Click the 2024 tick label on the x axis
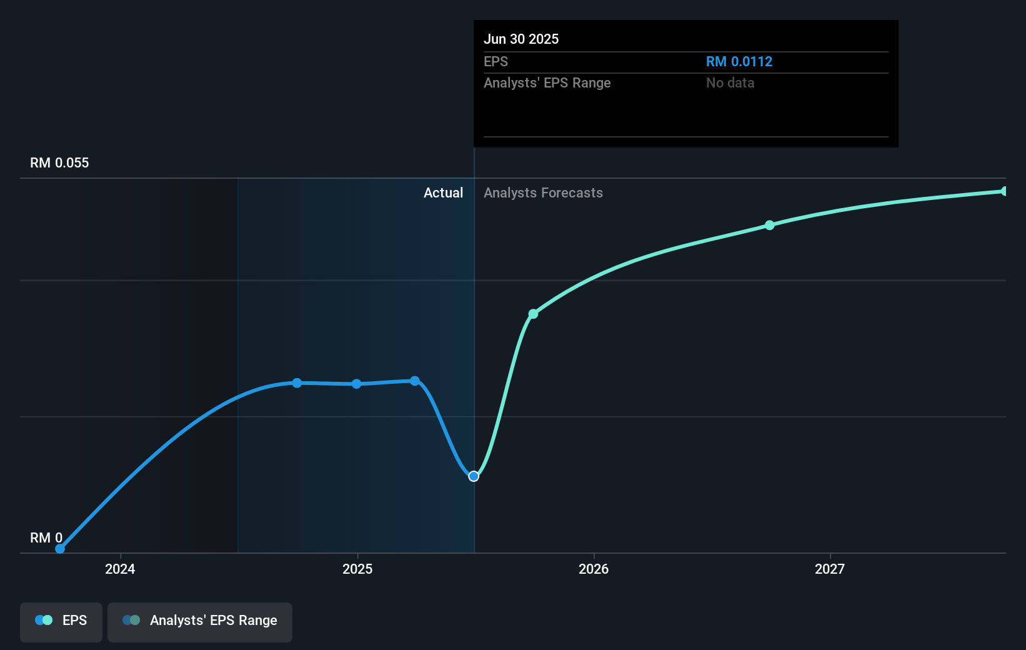(x=120, y=569)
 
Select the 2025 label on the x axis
(x=357, y=569)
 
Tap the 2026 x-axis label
(x=594, y=569)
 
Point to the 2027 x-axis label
(x=830, y=569)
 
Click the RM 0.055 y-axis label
(x=59, y=163)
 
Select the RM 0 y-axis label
(x=46, y=537)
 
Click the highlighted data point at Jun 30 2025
(x=474, y=476)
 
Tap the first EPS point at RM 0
(x=60, y=549)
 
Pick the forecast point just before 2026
(x=533, y=314)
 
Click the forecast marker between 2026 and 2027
(x=770, y=225)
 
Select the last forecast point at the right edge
(x=1004, y=191)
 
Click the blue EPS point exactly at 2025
(x=356, y=384)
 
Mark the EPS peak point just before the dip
(x=415, y=381)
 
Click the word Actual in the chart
(x=443, y=193)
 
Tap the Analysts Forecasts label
(x=543, y=193)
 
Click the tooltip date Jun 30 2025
(x=521, y=39)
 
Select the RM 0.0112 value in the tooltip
(x=739, y=62)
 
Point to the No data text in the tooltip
(x=730, y=83)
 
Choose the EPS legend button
(x=61, y=621)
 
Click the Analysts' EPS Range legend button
(x=200, y=621)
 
